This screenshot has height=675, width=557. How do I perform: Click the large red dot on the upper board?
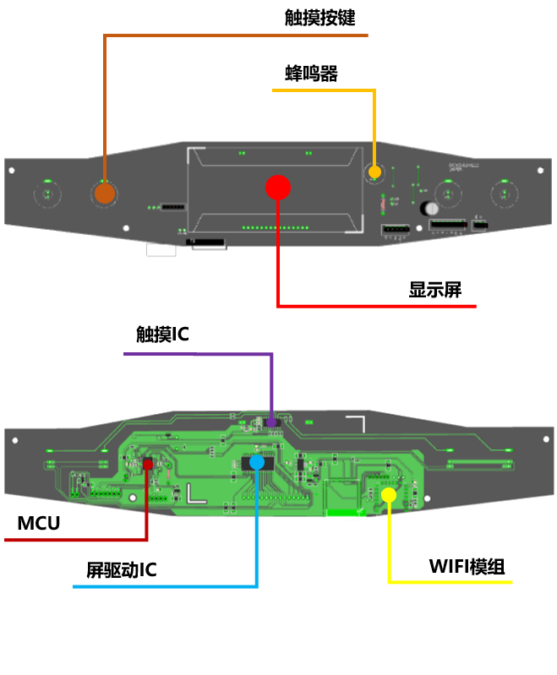coord(278,188)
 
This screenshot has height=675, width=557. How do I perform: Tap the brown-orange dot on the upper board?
coord(105,193)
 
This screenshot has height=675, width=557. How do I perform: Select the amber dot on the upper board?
coord(374,172)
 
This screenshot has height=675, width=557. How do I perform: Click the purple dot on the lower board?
coord(271,422)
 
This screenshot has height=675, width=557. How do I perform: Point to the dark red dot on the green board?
coord(148,464)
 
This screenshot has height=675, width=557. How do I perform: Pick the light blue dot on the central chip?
coord(257,462)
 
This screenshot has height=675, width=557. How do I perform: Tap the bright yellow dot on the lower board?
coord(389,495)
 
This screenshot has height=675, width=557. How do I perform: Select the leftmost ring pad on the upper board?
coord(47,194)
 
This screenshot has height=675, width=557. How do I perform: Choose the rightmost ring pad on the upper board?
coord(505,194)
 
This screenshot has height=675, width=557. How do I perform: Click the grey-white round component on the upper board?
coord(430,209)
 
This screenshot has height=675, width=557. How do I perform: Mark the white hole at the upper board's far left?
coord(12,171)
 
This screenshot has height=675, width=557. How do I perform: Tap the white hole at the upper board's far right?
coord(541,171)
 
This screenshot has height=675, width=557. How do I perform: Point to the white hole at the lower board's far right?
coord(546,439)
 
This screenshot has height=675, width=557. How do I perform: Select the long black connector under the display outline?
coord(205,242)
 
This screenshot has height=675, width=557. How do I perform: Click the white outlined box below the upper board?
coord(161,250)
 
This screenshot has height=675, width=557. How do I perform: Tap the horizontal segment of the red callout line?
coord(377,306)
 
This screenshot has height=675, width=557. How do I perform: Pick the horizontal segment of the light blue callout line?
coord(165,585)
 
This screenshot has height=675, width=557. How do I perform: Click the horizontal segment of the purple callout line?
coord(198,354)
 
